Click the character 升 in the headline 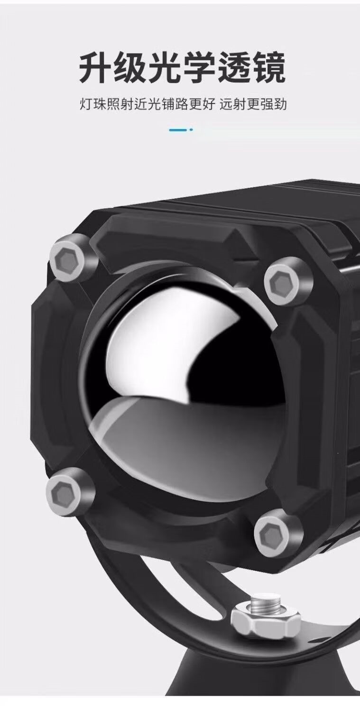pos(92,68)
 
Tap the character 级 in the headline pos(127,68)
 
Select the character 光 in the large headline pos(162,68)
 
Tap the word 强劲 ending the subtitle pos(274,104)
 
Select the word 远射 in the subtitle pos(234,104)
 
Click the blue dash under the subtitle pos(178,129)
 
